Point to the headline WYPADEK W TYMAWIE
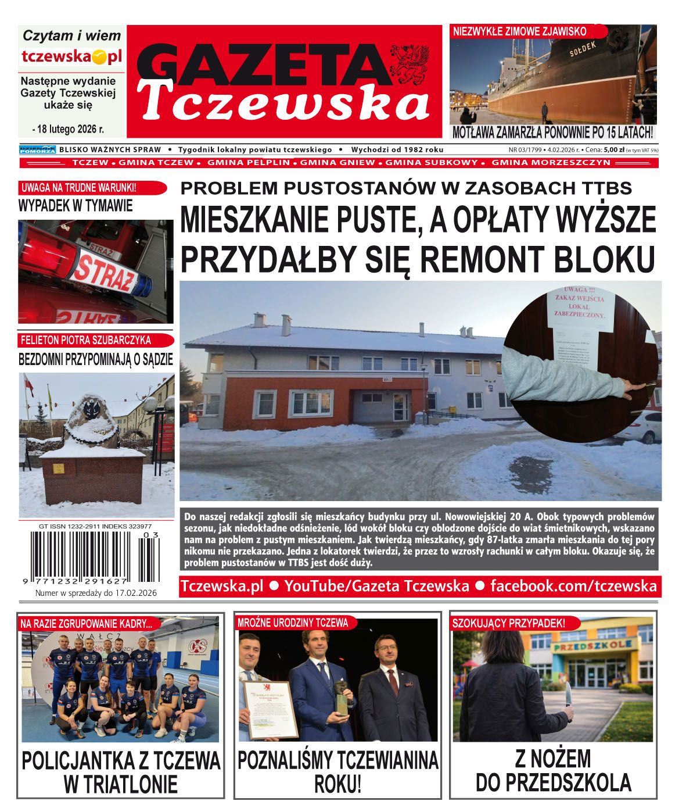76,206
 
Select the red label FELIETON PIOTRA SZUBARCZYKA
86,340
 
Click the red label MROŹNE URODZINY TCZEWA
293,623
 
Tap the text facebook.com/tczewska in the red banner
573,585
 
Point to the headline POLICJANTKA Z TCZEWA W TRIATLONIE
121,772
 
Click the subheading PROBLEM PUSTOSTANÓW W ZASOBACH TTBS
406,188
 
